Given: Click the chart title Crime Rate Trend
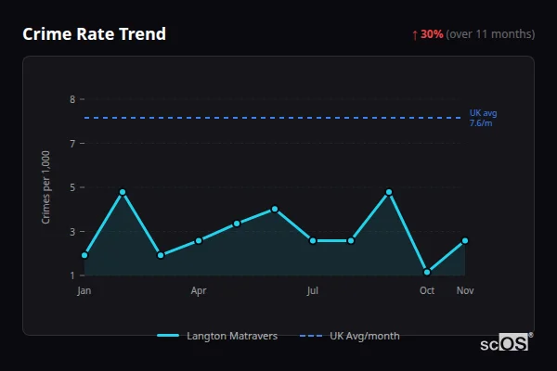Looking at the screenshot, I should click(x=94, y=34).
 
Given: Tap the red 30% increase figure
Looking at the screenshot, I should click(x=432, y=34).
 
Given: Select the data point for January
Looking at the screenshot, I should click(x=84, y=255).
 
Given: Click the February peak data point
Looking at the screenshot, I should click(x=123, y=192).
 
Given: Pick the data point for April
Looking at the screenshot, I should click(x=199, y=240).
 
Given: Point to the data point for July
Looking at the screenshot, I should click(x=313, y=240).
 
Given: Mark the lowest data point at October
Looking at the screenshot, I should click(x=427, y=273).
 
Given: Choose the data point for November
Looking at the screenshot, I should click(x=465, y=240).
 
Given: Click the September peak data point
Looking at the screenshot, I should click(x=389, y=192).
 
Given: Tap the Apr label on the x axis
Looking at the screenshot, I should click(x=199, y=291).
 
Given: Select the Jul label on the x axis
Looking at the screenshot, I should click(x=313, y=291).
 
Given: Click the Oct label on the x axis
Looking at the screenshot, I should click(x=427, y=291).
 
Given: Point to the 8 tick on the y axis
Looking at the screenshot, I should click(x=71, y=99).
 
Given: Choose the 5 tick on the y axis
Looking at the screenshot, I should click(x=71, y=187).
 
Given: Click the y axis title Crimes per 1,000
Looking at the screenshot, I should click(x=46, y=187).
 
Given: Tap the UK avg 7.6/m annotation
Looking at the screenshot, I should click(x=483, y=118).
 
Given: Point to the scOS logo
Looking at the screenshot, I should click(x=505, y=342).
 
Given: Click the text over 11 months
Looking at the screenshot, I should click(x=490, y=34).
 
